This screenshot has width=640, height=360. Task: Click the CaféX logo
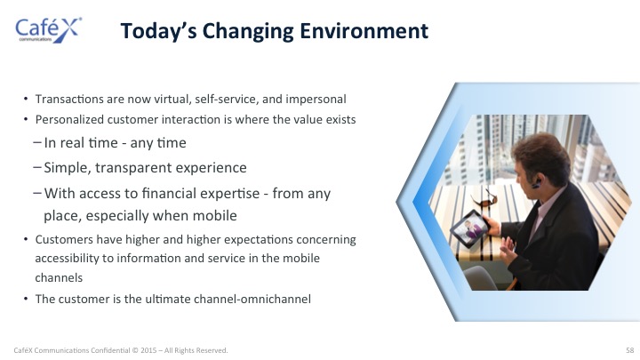pos(49,30)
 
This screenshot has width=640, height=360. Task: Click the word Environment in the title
pos(364,31)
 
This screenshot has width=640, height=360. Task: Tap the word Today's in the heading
pos(159,32)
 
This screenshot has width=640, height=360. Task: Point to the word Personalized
pos(69,120)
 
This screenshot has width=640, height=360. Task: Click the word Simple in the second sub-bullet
pos(68,168)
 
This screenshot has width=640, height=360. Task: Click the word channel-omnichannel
pos(252,299)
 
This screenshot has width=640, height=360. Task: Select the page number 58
pos(630,350)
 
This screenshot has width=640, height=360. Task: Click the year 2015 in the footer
pos(148,350)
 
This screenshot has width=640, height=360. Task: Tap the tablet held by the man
pos(470,228)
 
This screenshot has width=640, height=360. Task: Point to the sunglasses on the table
pos(485,199)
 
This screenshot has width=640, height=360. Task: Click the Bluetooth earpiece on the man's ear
pos(536,184)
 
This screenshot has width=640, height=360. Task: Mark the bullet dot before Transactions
pos(26,99)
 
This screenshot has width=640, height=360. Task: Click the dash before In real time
pos(37,142)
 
